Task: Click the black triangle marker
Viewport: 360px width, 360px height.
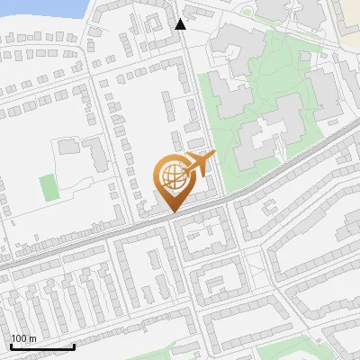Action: pyautogui.click(x=181, y=24)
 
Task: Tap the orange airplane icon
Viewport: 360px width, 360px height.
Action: pyautogui.click(x=199, y=165)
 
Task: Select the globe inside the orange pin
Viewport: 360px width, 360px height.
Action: pyautogui.click(x=172, y=174)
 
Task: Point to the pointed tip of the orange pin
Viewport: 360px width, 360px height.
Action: pyautogui.click(x=172, y=212)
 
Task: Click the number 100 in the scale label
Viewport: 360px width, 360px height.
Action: pyautogui.click(x=20, y=338)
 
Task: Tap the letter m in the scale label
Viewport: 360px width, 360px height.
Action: pyautogui.click(x=32, y=338)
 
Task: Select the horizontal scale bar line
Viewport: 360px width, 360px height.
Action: pyautogui.click(x=41, y=347)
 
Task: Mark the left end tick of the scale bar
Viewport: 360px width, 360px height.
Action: pyautogui.click(x=10, y=345)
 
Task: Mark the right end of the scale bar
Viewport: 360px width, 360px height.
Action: pyautogui.click(x=74, y=345)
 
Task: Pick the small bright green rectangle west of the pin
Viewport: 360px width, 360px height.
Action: pyautogui.click(x=48, y=187)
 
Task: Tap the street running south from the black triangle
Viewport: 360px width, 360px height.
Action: pyautogui.click(x=184, y=81)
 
